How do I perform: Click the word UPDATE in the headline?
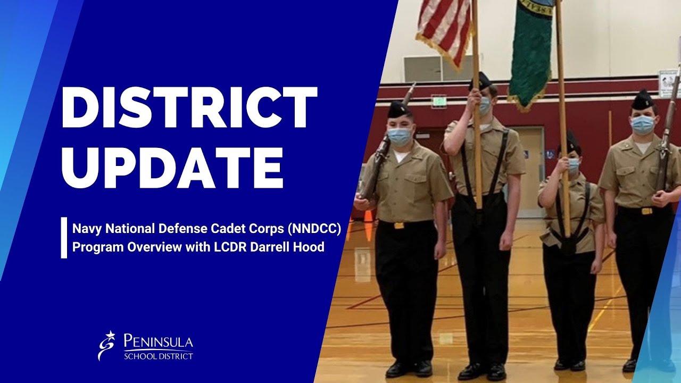click(171, 163)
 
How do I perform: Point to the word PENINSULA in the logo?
click(158, 341)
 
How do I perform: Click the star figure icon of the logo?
click(108, 345)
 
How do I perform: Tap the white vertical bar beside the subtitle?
click(64, 238)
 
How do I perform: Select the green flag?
click(529, 51)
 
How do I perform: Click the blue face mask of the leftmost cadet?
click(399, 136)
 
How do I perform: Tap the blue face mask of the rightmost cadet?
click(642, 124)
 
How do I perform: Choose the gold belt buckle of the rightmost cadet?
click(646, 211)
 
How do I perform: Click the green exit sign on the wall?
click(439, 101)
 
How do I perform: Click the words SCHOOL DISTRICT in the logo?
click(158, 356)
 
